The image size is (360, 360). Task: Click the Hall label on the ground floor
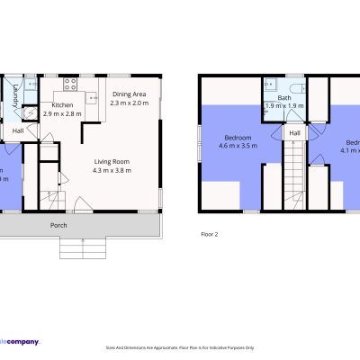point(18,131)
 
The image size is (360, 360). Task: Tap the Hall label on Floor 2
point(294,132)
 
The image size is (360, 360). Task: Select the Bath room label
point(284,97)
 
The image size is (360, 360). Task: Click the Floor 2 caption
point(209,234)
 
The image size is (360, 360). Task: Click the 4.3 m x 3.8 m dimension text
point(112,170)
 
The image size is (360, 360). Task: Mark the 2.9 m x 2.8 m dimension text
point(60,114)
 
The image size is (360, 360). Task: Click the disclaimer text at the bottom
point(180,346)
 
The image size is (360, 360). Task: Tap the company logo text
point(20,340)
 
